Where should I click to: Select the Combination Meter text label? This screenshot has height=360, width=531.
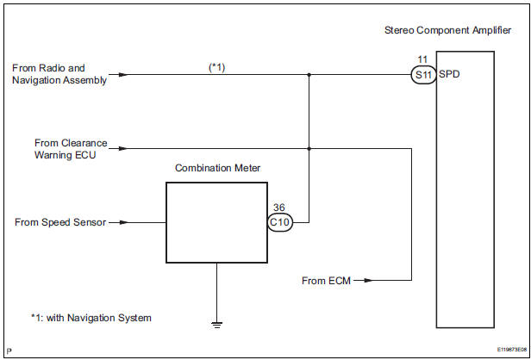pos(216,169)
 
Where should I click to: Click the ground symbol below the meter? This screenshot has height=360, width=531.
pos(216,325)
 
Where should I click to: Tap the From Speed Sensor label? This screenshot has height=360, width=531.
pos(60,222)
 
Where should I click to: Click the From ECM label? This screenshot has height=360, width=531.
pos(326,281)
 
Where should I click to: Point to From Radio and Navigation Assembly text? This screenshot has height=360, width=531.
pos(60,74)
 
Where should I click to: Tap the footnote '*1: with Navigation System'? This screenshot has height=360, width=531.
pos(91,318)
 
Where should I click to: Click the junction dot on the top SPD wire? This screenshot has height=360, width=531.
pos(309,75)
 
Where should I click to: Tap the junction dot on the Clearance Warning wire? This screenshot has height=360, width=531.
pos(309,148)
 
